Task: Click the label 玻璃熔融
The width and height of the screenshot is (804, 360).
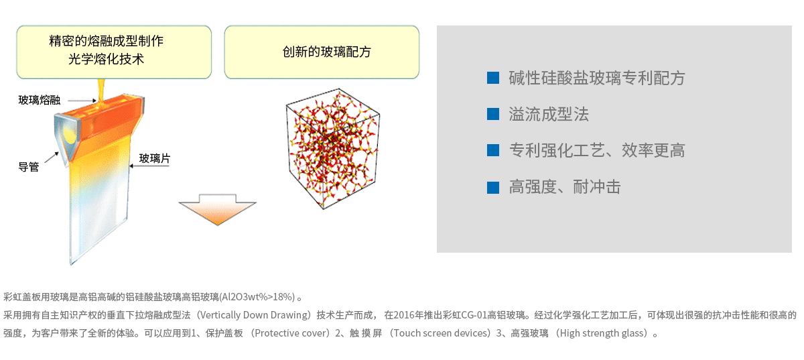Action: [40, 100]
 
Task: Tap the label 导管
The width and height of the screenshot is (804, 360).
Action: [29, 167]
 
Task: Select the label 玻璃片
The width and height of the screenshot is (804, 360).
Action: [155, 158]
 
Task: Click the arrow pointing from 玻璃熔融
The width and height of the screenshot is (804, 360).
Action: [82, 101]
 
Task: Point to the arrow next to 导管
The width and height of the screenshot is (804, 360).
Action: [52, 158]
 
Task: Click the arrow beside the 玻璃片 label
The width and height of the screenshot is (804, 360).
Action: [149, 166]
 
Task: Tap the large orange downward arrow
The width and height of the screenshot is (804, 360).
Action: [218, 210]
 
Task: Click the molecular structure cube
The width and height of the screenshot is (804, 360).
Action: [333, 148]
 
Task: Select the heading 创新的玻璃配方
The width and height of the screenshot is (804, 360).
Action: [327, 52]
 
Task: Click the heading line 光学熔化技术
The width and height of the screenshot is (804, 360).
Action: [107, 59]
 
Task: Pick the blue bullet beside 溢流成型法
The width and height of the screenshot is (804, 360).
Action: [493, 114]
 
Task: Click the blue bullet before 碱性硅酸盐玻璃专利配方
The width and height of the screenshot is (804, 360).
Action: [493, 78]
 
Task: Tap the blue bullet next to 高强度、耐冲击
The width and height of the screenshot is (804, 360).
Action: [493, 187]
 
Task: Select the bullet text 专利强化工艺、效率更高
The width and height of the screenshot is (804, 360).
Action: [597, 150]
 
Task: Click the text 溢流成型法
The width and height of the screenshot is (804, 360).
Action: [549, 114]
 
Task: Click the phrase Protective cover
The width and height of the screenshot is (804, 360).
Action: [290, 333]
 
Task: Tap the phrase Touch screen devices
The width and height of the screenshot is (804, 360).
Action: [440, 333]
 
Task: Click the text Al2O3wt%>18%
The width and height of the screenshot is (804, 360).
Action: [257, 297]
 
